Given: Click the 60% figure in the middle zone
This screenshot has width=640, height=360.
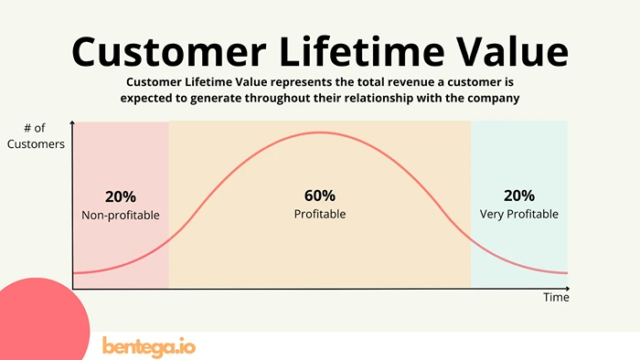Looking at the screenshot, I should click(x=319, y=196).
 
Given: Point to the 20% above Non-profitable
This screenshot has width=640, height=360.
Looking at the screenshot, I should click(x=120, y=196).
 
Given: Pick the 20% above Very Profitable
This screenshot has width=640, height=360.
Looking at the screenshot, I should click(x=518, y=196).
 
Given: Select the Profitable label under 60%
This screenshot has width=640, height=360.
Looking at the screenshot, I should click(x=319, y=215).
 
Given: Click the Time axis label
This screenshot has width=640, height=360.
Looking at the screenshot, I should click(x=556, y=298).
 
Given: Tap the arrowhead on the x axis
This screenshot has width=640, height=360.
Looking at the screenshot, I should click(x=566, y=289).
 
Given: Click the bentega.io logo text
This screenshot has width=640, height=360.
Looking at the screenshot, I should click(x=149, y=346).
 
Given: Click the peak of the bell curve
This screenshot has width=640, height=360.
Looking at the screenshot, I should click(x=319, y=132).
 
